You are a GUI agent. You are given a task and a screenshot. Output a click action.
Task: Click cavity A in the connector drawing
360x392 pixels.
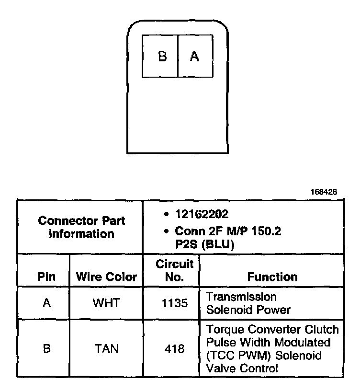pos(194,57)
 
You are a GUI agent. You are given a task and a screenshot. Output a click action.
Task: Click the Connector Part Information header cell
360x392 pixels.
pos(81,227)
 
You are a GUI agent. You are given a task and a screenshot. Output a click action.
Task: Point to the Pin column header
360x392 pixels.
pos(46,277)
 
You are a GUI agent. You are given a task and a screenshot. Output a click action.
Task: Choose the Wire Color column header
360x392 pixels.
pos(106,277)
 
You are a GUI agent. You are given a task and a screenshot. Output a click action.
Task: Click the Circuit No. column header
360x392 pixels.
pos(174,270)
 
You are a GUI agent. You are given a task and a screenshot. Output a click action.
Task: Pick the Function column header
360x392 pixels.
pos(272,277)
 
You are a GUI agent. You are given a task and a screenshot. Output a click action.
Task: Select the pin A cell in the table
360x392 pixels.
pos(46,303)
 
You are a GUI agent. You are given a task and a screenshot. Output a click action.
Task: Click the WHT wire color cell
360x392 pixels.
pos(106,303)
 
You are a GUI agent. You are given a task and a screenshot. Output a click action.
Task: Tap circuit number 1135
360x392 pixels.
pos(174,303)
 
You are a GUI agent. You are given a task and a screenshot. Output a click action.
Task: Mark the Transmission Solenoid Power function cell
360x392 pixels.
pos(248,303)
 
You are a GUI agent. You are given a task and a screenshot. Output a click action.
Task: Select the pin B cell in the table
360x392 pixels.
pos(46,349)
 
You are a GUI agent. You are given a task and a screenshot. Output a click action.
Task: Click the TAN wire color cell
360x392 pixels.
pos(106,349)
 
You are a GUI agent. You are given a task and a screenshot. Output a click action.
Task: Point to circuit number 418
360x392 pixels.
pos(174,349)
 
